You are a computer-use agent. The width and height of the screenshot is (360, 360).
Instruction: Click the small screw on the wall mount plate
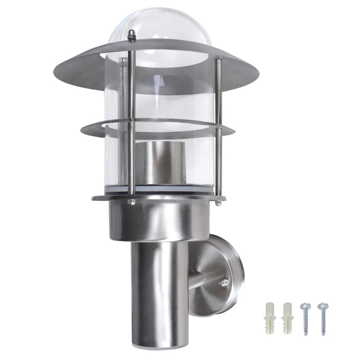pos(223,282)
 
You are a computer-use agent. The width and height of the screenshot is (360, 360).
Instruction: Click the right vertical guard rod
pos(218,129)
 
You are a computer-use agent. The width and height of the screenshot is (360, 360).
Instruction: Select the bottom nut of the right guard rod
pos(218,202)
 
